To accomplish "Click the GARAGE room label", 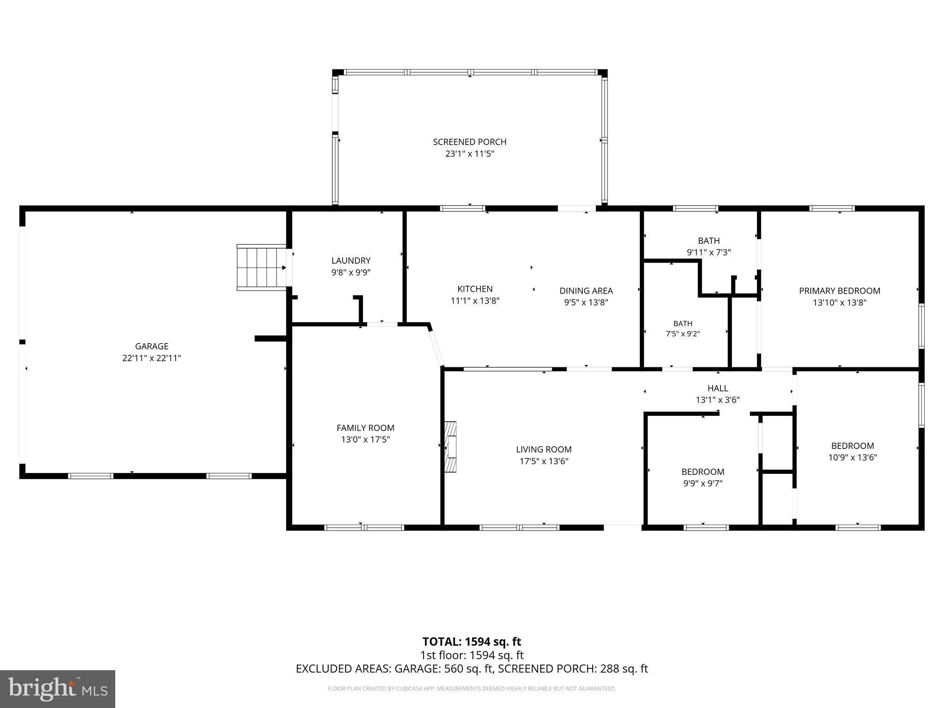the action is pos(152,346).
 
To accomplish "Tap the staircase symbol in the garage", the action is pos(262,267).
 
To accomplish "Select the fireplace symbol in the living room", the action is pos(450,447).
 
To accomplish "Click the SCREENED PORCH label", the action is pos(470,142).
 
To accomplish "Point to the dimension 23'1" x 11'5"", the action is pos(470,154).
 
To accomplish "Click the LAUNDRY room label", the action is pos(351,260).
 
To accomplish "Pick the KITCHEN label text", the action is pos(475,289).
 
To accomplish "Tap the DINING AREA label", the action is pos(586,291).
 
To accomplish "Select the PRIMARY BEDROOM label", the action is pos(839,291).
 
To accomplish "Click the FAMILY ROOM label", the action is pos(366,428).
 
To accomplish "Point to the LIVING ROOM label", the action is pos(544,449).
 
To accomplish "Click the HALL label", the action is pos(718,389).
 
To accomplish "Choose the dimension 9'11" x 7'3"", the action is pos(709,253).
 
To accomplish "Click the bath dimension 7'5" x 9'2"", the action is pos(683,334).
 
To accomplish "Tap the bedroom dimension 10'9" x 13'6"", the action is pos(853,458).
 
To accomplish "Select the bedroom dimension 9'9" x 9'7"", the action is pos(703,484).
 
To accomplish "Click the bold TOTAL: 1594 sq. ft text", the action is pos(472,642).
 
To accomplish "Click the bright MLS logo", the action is pos(58,689).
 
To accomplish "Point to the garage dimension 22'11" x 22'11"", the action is pos(152,358).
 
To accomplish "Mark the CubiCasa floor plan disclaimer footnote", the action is pos(472,689).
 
